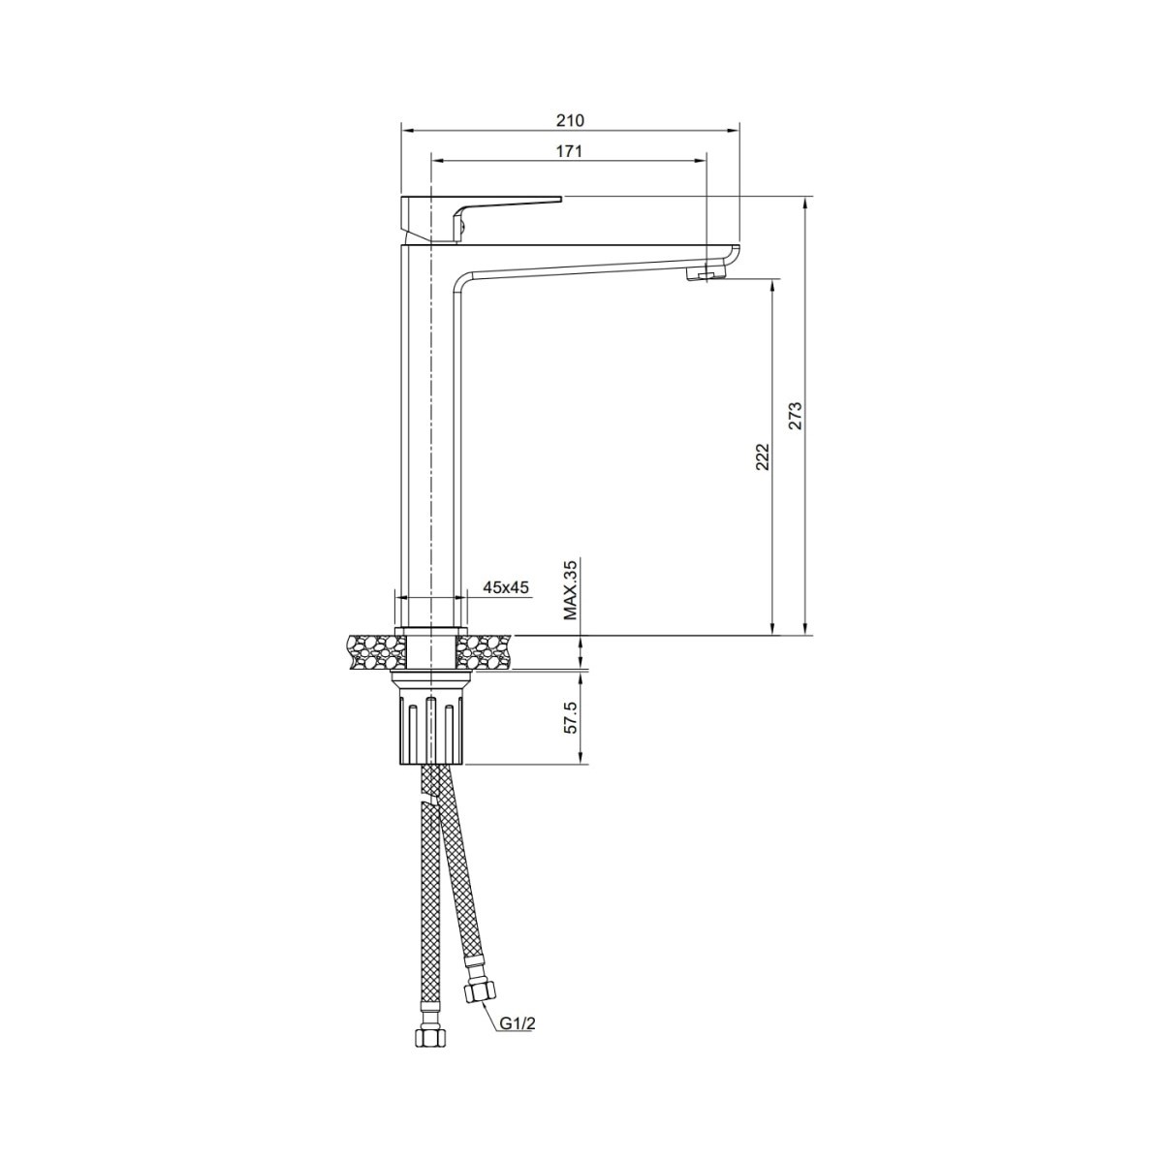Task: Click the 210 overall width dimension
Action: point(570,121)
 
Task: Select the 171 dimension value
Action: point(569,151)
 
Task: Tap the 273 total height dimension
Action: point(796,415)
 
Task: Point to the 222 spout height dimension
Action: point(763,456)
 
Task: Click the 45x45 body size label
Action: point(506,586)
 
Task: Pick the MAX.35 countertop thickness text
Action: point(570,589)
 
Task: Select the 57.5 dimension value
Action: point(571,718)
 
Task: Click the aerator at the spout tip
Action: point(705,275)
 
